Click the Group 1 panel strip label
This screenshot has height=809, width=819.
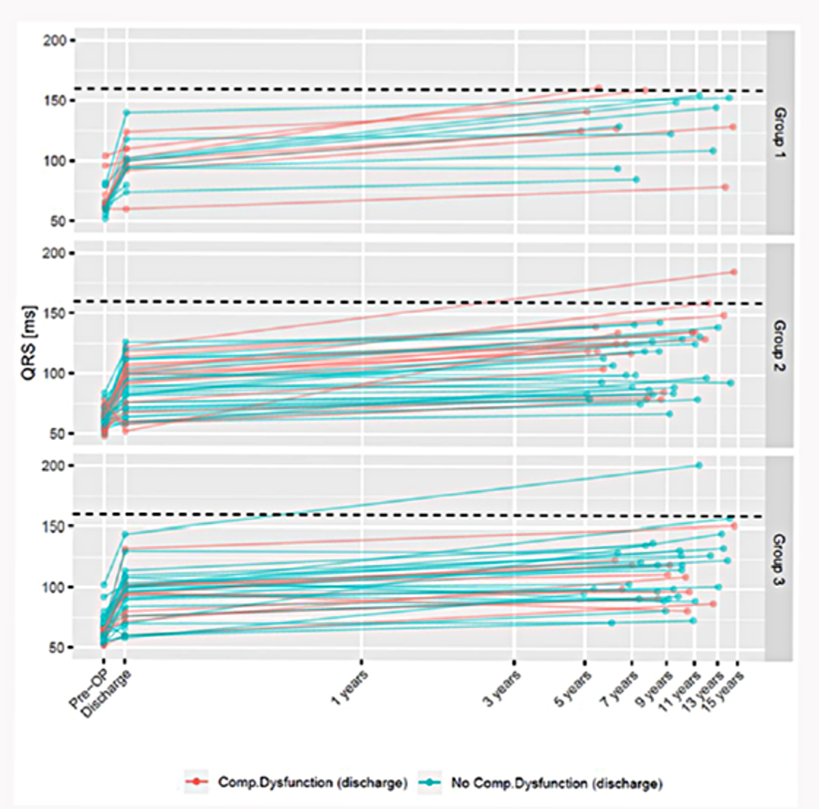click(x=779, y=131)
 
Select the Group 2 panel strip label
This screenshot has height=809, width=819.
click(x=779, y=344)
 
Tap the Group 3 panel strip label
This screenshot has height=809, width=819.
click(x=779, y=556)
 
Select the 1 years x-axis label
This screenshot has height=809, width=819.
click(x=350, y=686)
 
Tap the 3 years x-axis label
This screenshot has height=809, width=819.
click(x=503, y=687)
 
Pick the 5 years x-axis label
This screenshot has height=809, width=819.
click(x=573, y=687)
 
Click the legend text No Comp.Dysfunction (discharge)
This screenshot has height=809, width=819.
click(x=556, y=782)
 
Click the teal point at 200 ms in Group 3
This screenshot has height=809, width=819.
click(x=698, y=465)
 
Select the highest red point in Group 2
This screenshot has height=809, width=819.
click(x=734, y=271)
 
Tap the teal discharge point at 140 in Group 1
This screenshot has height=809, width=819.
click(x=126, y=113)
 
